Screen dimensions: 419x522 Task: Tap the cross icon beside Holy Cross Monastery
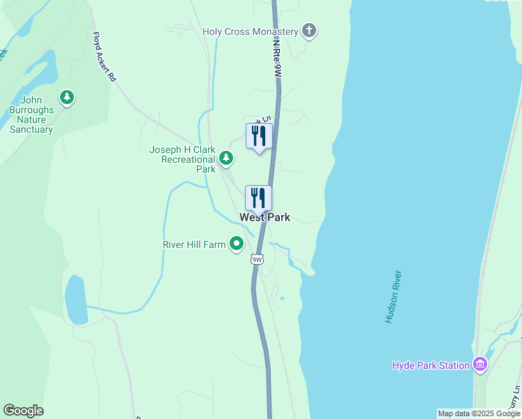pos(309,31)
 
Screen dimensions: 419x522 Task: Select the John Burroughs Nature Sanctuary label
pos(31,115)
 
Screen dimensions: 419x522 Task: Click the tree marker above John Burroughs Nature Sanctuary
pos(67,97)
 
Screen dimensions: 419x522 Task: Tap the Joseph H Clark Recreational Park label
pos(183,159)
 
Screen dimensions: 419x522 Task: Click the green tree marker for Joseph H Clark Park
pos(226,159)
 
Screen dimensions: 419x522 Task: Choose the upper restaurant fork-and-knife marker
pos(259,137)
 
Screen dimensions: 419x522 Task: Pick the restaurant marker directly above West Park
pos(259,199)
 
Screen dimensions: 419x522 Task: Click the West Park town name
pos(264,218)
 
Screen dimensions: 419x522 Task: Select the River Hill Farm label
pos(195,244)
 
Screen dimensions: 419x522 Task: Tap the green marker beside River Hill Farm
pos(237,244)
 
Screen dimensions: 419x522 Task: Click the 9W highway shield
pos(257,260)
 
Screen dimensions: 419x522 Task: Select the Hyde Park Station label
pos(431,365)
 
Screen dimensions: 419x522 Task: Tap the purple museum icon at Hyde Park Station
pos(479,365)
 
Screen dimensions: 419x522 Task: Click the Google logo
pos(23,411)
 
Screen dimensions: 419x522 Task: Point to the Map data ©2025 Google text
pos(479,413)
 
